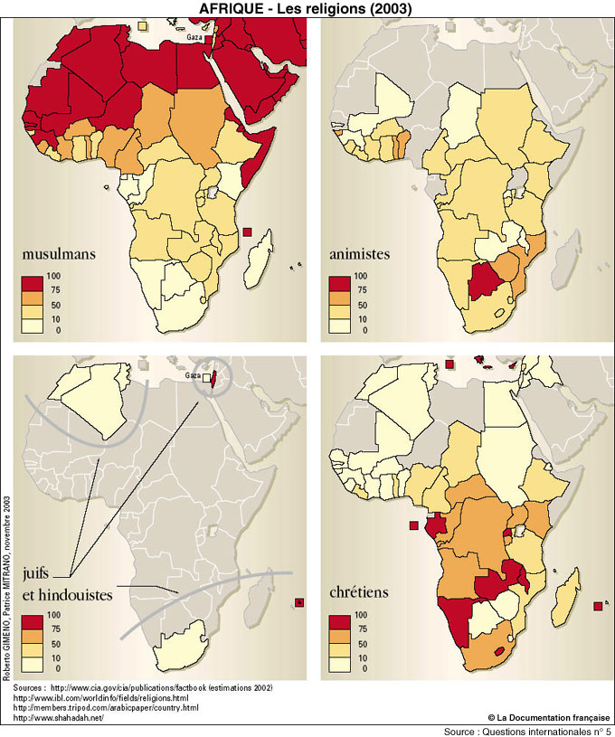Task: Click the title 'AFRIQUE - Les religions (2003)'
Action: [307, 8]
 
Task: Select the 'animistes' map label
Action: [359, 254]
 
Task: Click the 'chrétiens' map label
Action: [359, 593]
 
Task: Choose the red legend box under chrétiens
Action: [340, 620]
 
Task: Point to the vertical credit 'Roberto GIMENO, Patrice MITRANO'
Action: [6, 588]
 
